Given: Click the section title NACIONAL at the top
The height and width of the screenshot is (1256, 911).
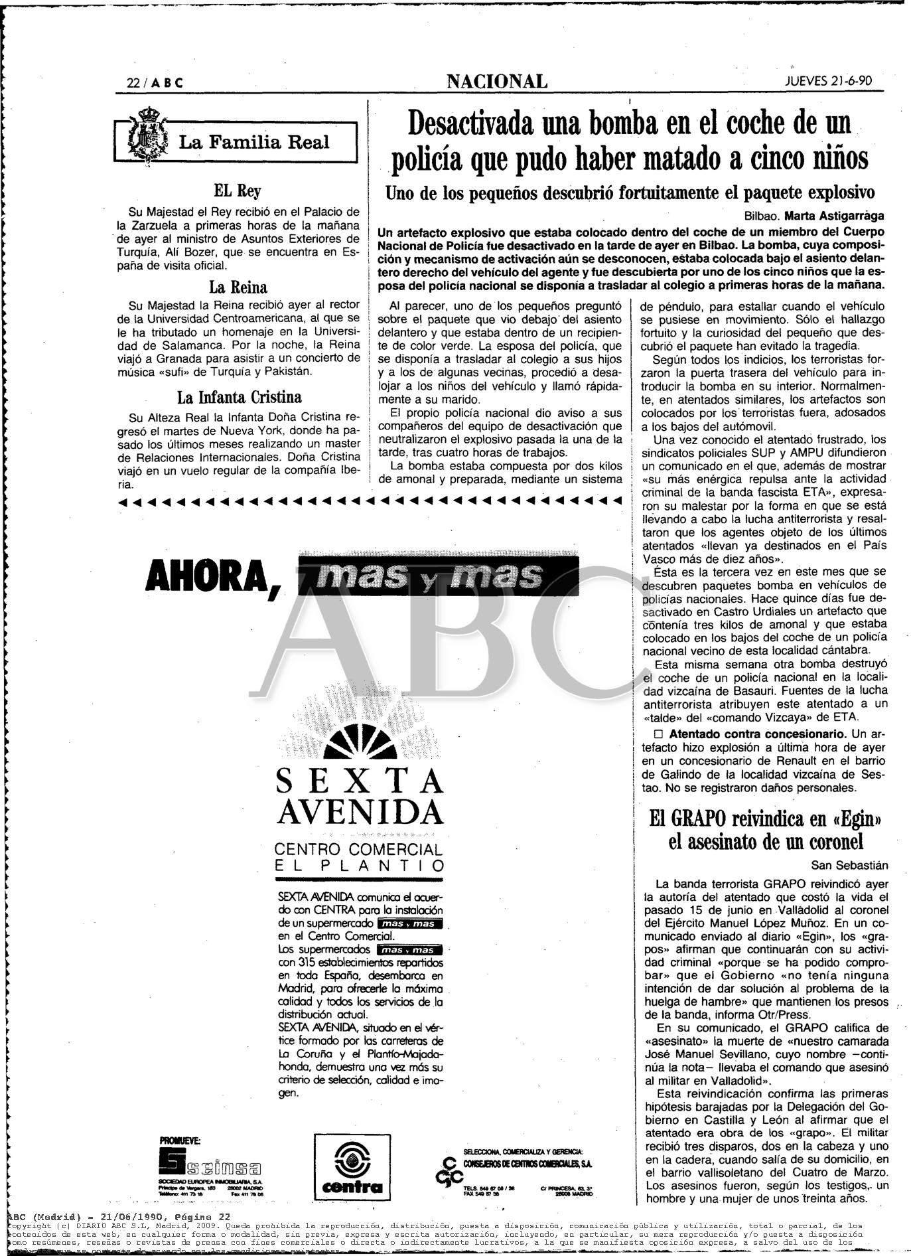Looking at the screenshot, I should (x=497, y=82).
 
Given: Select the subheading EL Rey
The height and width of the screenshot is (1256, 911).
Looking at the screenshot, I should (x=236, y=191).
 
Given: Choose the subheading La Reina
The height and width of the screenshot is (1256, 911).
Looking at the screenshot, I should (x=238, y=287).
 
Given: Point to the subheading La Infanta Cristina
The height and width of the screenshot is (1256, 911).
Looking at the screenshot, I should (x=239, y=397).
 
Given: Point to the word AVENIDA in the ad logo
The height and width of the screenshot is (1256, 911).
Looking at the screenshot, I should (x=360, y=811).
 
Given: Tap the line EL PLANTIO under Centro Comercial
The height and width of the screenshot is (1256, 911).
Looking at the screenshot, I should (x=360, y=866).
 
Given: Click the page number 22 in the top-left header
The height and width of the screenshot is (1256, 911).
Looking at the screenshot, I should (x=135, y=83).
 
